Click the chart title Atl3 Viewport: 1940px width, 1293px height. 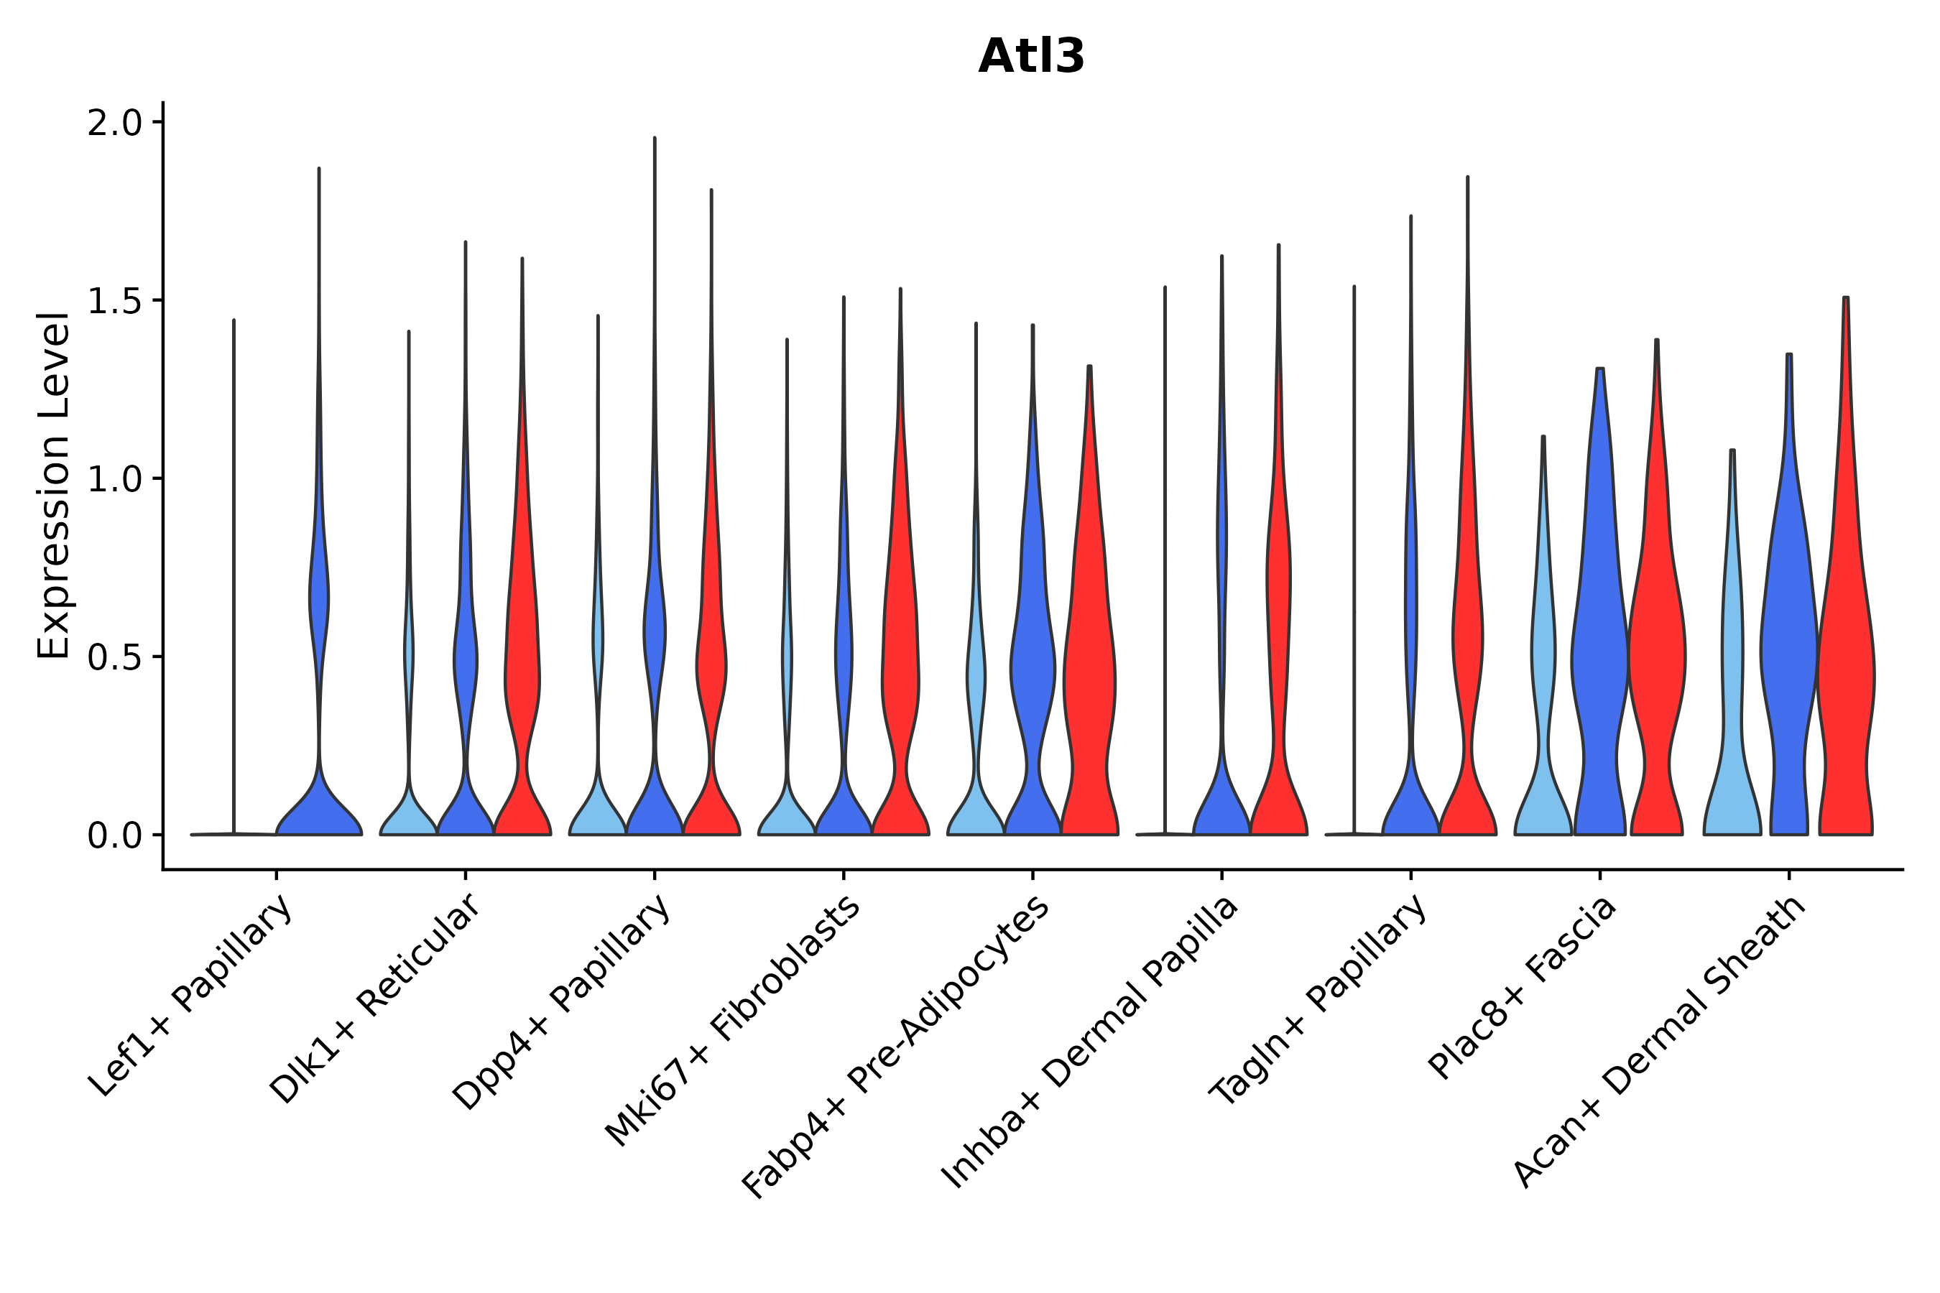[x=1031, y=57]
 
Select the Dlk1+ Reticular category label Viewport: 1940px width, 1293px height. [x=375, y=998]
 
